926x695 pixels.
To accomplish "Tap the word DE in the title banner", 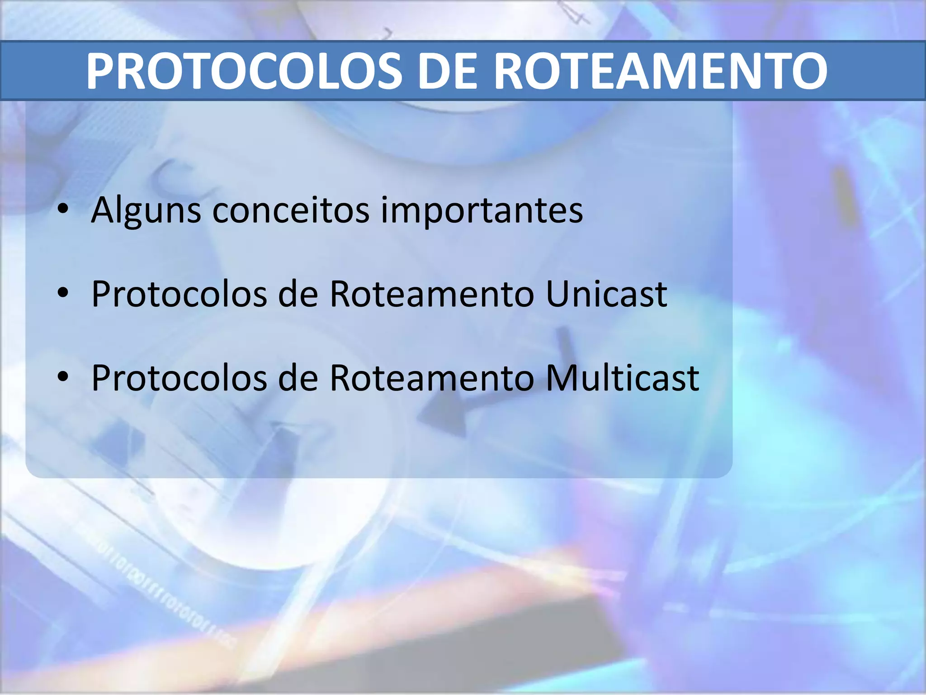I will click(x=447, y=71).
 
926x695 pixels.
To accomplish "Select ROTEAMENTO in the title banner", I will click(x=661, y=71).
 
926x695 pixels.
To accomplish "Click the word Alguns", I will click(x=146, y=210).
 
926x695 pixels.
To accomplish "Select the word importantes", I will click(x=482, y=210).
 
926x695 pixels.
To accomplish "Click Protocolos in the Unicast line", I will click(x=179, y=294).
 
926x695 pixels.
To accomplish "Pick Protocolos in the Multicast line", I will click(x=179, y=378).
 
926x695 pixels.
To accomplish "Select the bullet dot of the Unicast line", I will click(x=63, y=293).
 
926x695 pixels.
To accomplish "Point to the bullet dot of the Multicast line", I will click(x=63, y=376).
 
